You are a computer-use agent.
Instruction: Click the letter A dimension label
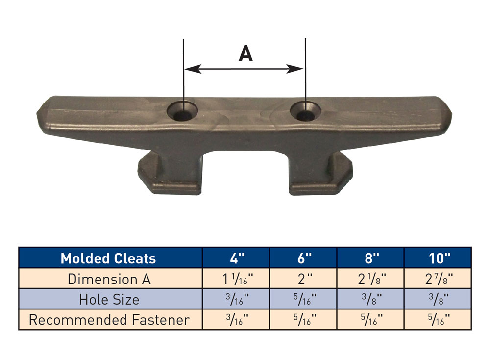[x=245, y=53]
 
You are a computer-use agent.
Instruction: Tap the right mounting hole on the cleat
[x=306, y=112]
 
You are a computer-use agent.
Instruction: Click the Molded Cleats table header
[x=108, y=258]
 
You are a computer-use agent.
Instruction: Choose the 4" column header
[x=236, y=258]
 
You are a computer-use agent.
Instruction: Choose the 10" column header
[x=438, y=258]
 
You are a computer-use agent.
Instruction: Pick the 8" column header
[x=370, y=258]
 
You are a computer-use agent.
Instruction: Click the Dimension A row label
[x=109, y=279]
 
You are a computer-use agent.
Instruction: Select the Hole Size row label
[x=109, y=300]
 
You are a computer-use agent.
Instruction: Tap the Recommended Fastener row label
[x=109, y=320]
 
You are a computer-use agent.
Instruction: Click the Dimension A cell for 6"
[x=303, y=279]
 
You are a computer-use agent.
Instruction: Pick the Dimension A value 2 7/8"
[x=438, y=279]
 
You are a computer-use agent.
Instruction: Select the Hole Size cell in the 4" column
[x=236, y=300]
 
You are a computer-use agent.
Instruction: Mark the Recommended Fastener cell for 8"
[x=370, y=320]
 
